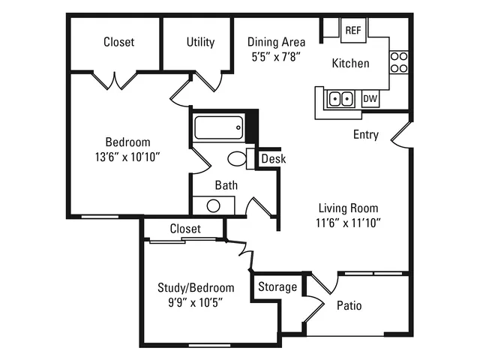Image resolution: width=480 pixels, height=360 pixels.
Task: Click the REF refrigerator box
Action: (x=353, y=30)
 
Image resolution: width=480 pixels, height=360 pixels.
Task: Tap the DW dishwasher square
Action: (x=370, y=98)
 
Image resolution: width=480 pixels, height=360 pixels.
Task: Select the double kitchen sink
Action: (x=340, y=99)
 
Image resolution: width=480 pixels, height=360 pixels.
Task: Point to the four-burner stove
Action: (x=399, y=62)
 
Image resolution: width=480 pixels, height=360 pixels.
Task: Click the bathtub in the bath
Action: (x=218, y=127)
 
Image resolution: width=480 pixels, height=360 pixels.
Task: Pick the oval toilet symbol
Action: (x=237, y=158)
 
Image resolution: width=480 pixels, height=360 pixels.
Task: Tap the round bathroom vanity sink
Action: (x=213, y=205)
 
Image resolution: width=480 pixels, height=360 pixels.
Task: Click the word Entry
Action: (x=366, y=134)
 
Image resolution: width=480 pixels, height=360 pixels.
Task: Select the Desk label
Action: (x=274, y=159)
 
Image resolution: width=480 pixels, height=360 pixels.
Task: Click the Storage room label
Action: (x=277, y=286)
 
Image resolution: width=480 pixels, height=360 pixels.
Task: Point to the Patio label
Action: (x=349, y=305)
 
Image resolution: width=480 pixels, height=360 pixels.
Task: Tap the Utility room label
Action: (x=200, y=42)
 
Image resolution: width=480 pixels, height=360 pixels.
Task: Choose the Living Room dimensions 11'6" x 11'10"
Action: (x=348, y=223)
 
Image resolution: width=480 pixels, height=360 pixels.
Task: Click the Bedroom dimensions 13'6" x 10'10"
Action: (x=127, y=157)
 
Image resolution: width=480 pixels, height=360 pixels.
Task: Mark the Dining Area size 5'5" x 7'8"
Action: (x=276, y=57)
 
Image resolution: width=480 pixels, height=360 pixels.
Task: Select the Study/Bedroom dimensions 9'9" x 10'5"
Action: (x=195, y=303)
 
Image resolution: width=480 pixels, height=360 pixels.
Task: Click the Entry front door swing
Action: (x=401, y=135)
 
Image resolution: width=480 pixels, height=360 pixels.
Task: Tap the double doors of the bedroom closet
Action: (x=115, y=81)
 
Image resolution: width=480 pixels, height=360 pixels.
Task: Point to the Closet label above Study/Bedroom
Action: (x=185, y=229)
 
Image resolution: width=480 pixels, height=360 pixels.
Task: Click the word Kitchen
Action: (x=350, y=63)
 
